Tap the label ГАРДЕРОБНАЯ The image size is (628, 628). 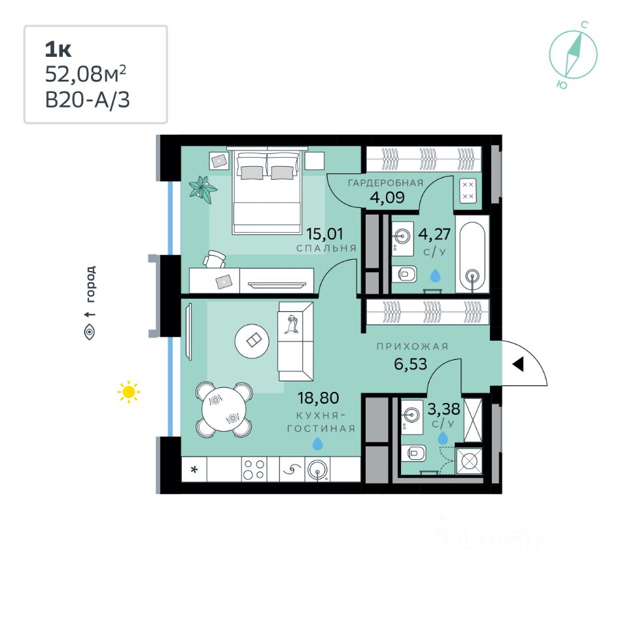click(386, 183)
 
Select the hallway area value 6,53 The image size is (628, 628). click(411, 364)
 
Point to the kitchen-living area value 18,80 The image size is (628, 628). click(318, 398)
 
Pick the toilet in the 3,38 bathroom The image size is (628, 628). click(415, 453)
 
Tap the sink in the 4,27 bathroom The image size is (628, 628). click(402, 237)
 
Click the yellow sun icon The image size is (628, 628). click(129, 391)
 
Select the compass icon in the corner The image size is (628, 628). click(573, 54)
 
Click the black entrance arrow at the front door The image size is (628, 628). click(518, 364)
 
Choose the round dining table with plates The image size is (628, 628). click(224, 409)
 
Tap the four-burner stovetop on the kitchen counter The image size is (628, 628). click(254, 469)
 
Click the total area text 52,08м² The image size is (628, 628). click(85, 74)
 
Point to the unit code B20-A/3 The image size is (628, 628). click(87, 99)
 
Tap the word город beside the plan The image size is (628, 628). click(91, 284)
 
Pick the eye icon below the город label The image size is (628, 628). click(90, 332)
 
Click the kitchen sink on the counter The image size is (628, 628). click(318, 470)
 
